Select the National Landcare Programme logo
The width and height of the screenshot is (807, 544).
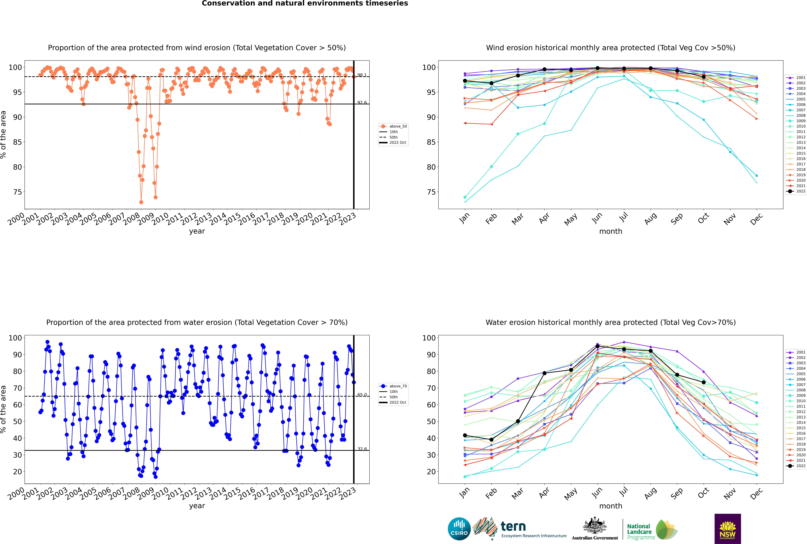click(x=652, y=529)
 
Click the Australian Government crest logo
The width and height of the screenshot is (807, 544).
click(x=595, y=529)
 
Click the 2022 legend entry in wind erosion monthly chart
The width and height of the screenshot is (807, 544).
click(x=796, y=191)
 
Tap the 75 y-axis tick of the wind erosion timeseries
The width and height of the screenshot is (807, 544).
click(x=17, y=192)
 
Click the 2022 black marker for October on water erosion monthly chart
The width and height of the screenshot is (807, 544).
click(x=704, y=382)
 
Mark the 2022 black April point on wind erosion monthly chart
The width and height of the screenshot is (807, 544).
click(x=544, y=69)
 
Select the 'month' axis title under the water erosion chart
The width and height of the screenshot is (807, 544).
click(x=611, y=506)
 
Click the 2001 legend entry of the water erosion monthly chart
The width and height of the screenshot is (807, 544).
click(x=796, y=352)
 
